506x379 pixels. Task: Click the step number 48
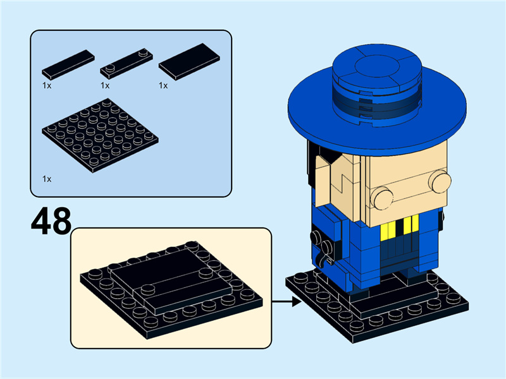51,221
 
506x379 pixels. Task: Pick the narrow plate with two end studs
126,61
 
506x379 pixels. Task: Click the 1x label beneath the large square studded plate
47,179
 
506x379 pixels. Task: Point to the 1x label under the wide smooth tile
163,85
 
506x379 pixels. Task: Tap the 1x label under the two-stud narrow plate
105,85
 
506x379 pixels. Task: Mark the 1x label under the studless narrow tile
47,85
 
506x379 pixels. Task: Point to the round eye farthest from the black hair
439,182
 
